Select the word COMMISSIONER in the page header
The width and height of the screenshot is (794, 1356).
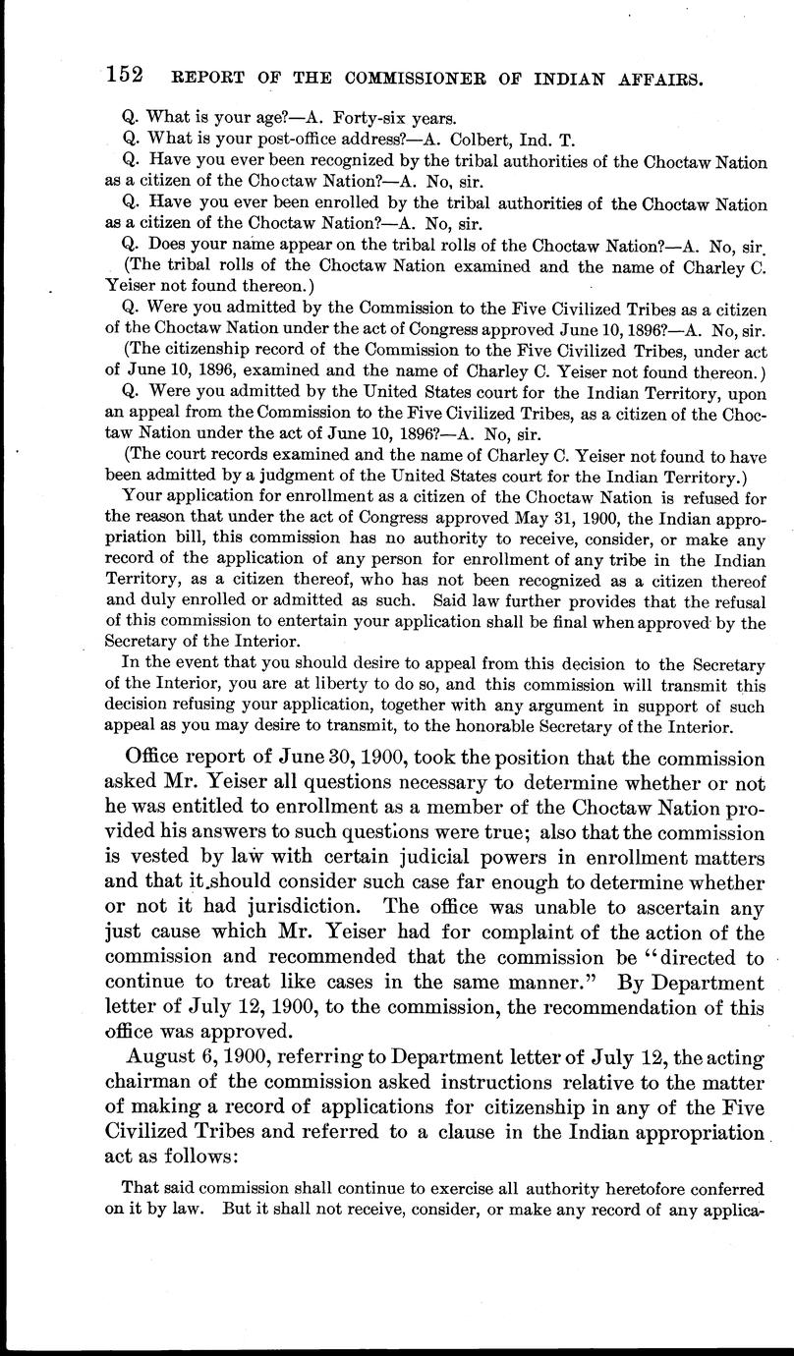click(356, 78)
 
